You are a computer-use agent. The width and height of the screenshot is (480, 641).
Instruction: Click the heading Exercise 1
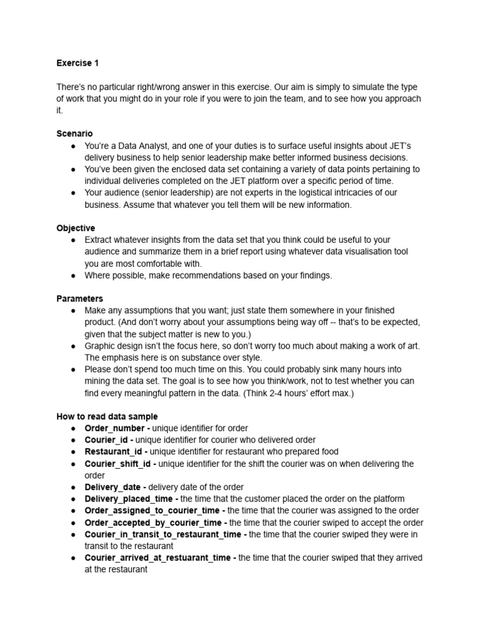click(x=77, y=63)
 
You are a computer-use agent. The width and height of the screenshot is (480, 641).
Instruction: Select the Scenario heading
click(x=74, y=134)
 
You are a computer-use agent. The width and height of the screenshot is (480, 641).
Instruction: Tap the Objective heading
click(x=76, y=228)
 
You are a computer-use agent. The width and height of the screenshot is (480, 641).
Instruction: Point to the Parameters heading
click(x=79, y=299)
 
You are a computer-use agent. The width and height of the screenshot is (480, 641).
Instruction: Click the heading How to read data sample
click(x=107, y=416)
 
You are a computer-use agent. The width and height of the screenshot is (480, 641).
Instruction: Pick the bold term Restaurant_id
click(x=114, y=452)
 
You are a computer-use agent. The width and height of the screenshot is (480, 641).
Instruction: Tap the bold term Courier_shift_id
click(x=119, y=464)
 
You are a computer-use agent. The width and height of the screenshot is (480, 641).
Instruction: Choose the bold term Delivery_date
click(x=113, y=487)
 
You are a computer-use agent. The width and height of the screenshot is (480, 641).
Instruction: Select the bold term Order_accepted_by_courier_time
click(x=153, y=523)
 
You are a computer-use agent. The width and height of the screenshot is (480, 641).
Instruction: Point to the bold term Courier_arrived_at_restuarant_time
click(x=159, y=558)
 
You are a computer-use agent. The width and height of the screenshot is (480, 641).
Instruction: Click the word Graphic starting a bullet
click(x=101, y=346)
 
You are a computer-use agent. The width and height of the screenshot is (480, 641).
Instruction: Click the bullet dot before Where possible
click(x=74, y=275)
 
